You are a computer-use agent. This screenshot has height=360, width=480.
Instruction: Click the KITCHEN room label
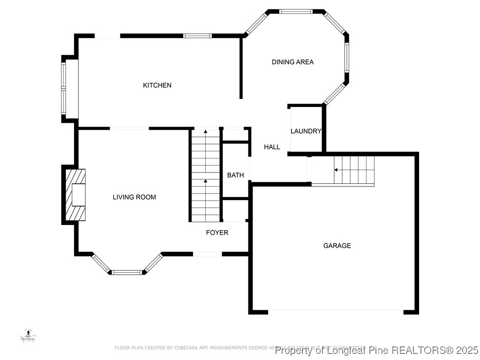[x=157, y=85]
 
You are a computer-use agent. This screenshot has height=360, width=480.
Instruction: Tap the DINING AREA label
[x=292, y=62]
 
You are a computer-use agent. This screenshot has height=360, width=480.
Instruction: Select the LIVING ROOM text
[x=134, y=197]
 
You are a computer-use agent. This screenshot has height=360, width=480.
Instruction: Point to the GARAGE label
[x=337, y=246]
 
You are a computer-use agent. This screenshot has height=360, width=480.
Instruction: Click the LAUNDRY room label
[x=306, y=131]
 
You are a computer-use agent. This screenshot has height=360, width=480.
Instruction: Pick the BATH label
[x=235, y=175]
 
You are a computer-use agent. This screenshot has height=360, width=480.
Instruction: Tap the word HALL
[x=272, y=147]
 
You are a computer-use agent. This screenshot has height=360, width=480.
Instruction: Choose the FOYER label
[x=217, y=232]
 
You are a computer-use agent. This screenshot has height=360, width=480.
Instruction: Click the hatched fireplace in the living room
[x=75, y=195]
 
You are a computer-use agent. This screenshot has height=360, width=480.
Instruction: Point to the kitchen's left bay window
[x=63, y=88]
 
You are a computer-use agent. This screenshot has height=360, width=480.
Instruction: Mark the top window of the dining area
[x=295, y=11]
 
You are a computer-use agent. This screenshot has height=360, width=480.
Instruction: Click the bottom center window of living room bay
[x=127, y=272]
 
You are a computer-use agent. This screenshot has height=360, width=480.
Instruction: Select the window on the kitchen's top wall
[x=197, y=36]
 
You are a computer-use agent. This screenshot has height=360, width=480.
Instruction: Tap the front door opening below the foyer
[x=207, y=254]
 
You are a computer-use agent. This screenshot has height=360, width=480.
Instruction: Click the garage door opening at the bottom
[x=336, y=311]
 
